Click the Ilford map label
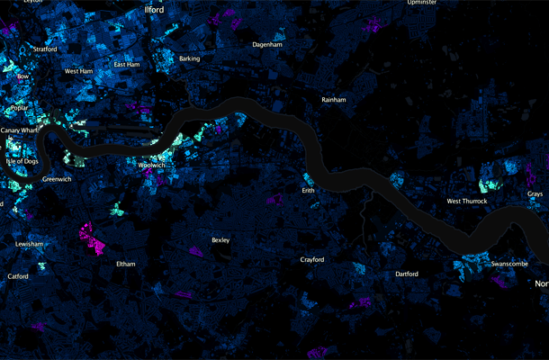tap(154, 9)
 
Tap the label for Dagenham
tap(268, 43)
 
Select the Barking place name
tap(190, 58)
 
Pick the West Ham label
tap(79, 70)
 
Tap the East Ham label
tap(127, 65)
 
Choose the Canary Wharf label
tap(20, 130)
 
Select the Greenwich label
tap(57, 179)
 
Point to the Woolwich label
tap(152, 166)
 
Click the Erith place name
tap(309, 191)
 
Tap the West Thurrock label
tap(467, 201)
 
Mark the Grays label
tap(535, 194)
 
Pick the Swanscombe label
tap(510, 264)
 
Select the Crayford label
tap(312, 260)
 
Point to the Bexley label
tap(220, 240)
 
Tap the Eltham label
tap(126, 264)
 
